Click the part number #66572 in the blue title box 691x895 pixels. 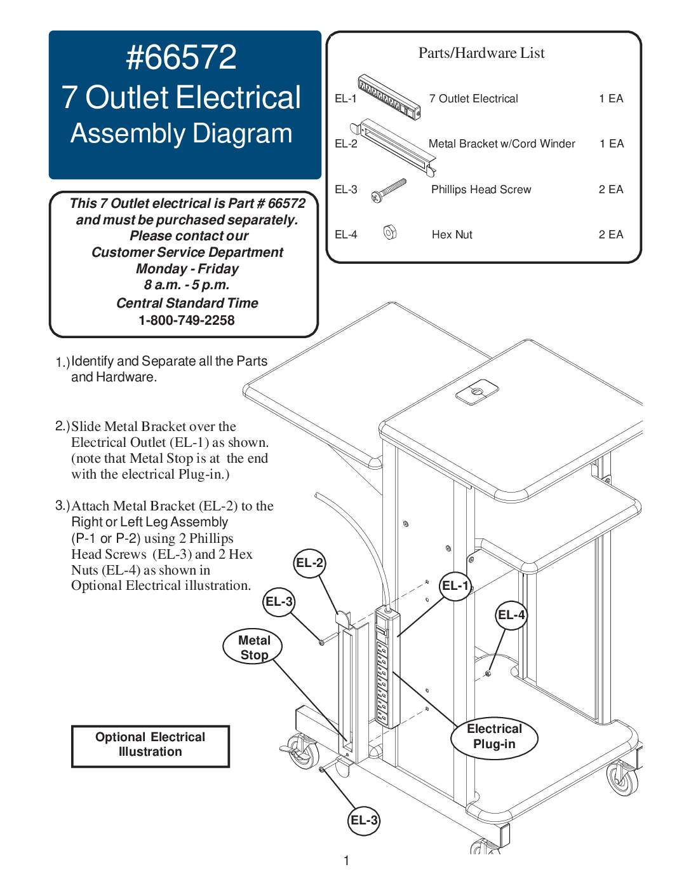point(182,57)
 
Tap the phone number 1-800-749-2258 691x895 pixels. point(187,320)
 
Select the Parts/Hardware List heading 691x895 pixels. point(481,53)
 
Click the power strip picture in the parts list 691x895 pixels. point(389,97)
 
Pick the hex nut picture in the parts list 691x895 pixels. point(390,233)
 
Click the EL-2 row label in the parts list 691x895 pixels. point(346,144)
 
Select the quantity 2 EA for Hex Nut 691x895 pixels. point(610,235)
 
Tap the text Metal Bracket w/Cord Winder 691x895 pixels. point(502,144)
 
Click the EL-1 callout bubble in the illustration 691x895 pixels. point(455,586)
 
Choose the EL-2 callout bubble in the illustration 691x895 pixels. point(310,563)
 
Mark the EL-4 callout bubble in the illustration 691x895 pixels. point(511,615)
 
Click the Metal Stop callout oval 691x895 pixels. point(253,647)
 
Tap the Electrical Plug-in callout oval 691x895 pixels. point(494,737)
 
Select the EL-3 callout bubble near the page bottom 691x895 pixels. point(364,820)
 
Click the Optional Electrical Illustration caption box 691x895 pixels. point(151,745)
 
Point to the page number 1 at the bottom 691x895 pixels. point(346,861)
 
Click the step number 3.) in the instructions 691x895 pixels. point(62,505)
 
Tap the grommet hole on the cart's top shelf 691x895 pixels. point(478,391)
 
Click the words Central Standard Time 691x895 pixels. point(187,303)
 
